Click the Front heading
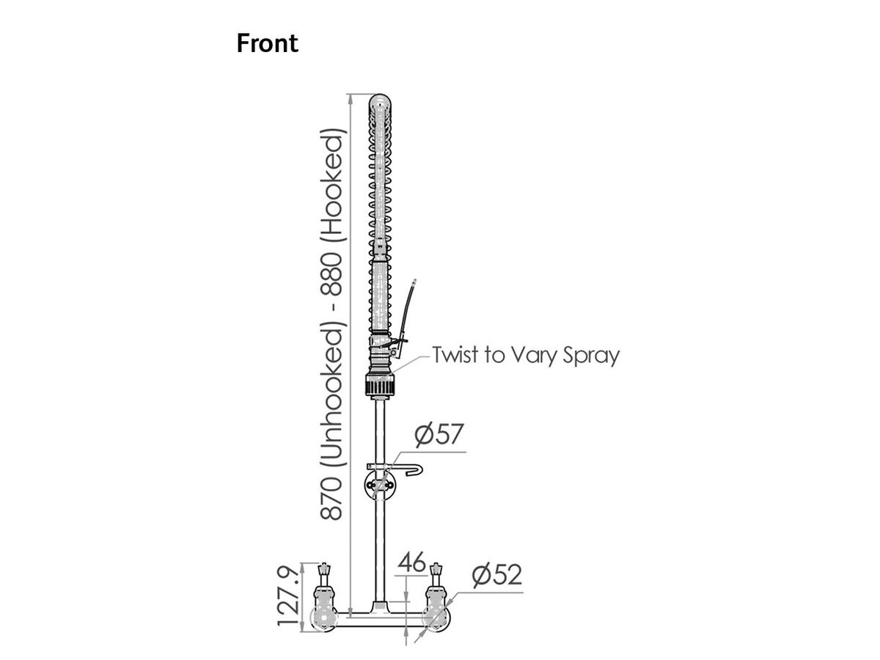[x=267, y=43]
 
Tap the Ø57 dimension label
[x=439, y=435]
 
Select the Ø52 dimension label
[x=496, y=575]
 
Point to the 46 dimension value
[x=411, y=562]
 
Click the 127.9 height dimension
[x=289, y=595]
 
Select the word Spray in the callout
[x=590, y=356]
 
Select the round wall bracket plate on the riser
[x=379, y=484]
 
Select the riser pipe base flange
[x=379, y=608]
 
